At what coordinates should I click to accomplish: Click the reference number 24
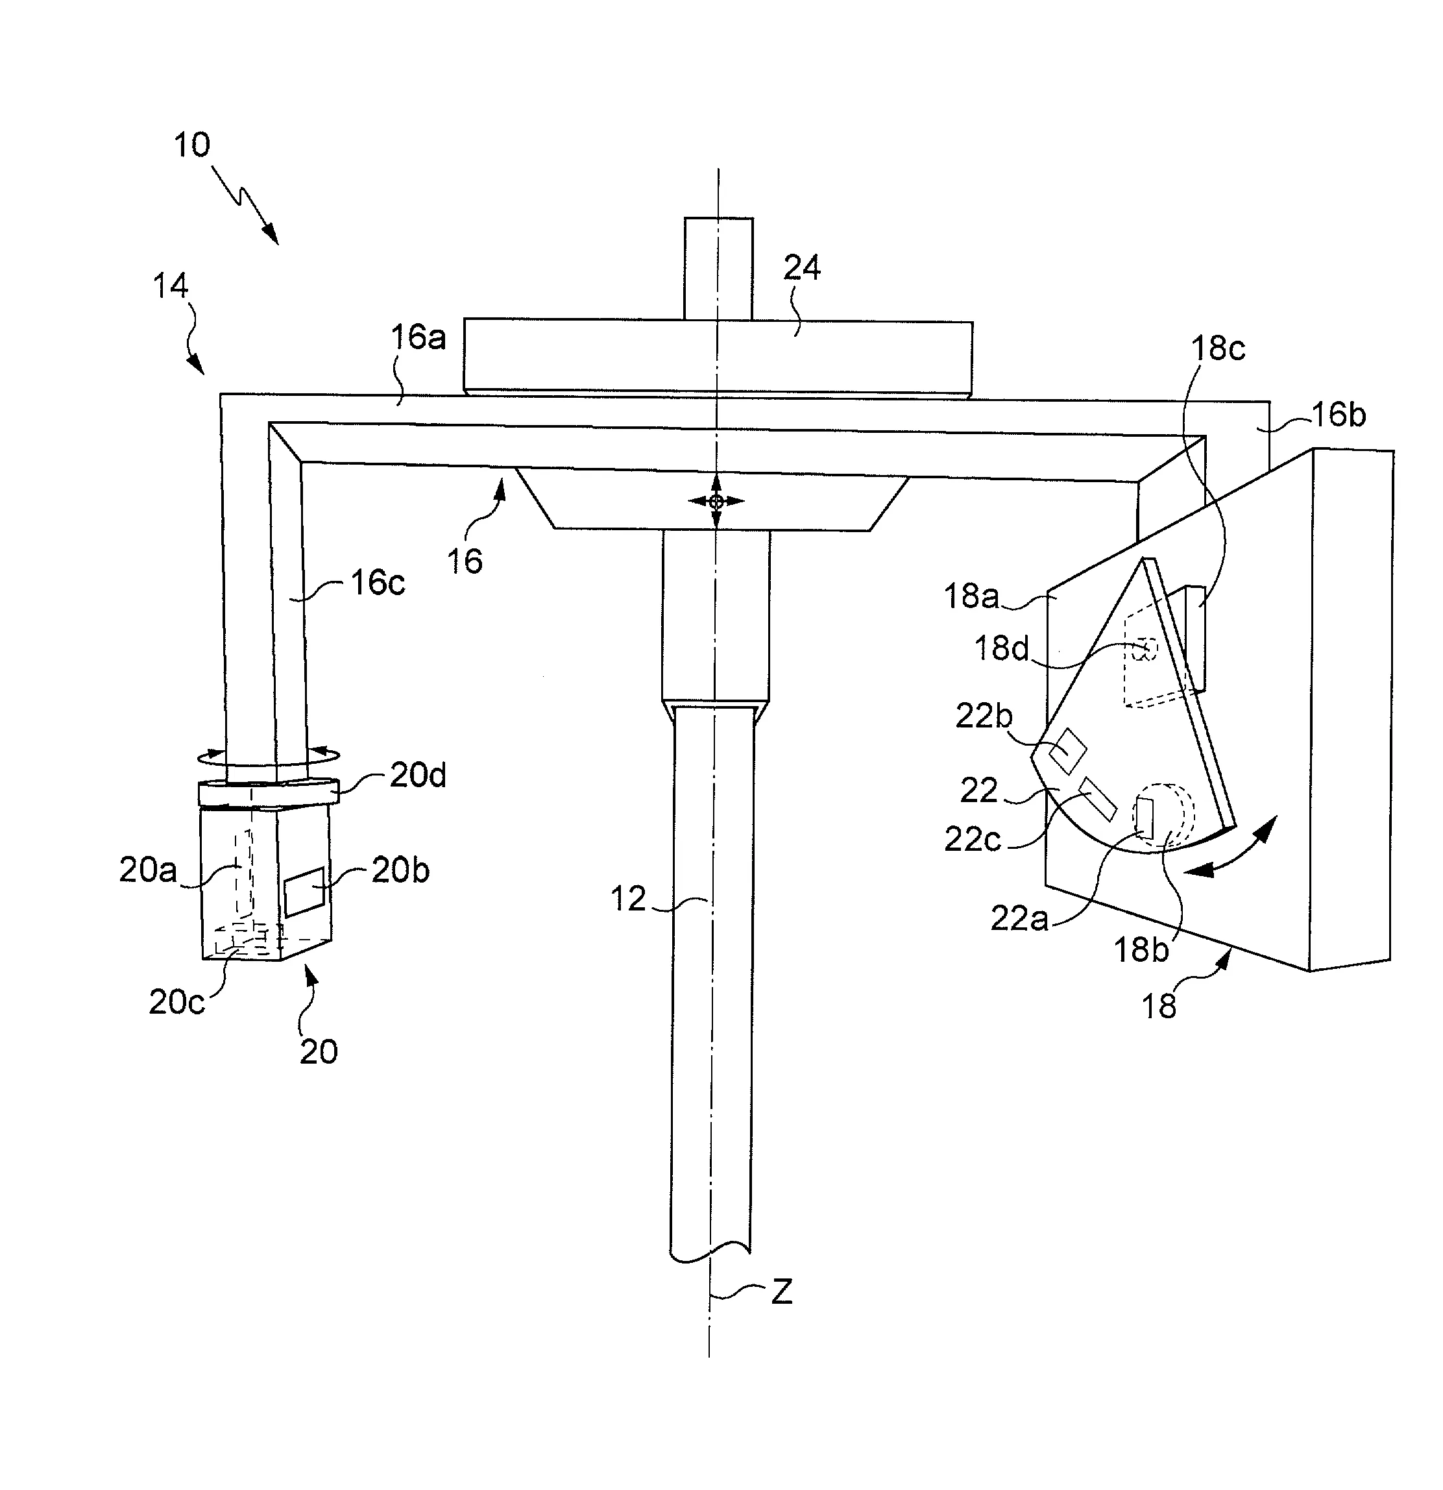click(x=802, y=267)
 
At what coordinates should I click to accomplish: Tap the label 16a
click(x=418, y=337)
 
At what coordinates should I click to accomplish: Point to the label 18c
click(x=1217, y=348)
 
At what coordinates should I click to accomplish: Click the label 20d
click(x=418, y=776)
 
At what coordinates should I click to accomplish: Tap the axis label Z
click(x=782, y=1292)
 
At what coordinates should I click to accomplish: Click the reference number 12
click(x=627, y=899)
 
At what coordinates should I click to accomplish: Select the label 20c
click(x=176, y=1003)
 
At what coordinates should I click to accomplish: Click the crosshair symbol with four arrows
click(x=716, y=501)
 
